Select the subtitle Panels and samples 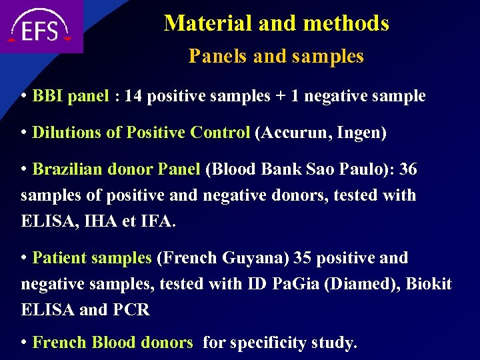(x=276, y=56)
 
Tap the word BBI (x=47, y=96)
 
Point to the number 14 (x=133, y=96)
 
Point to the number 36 (x=407, y=169)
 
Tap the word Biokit (x=429, y=284)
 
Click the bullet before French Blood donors (x=25, y=343)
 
